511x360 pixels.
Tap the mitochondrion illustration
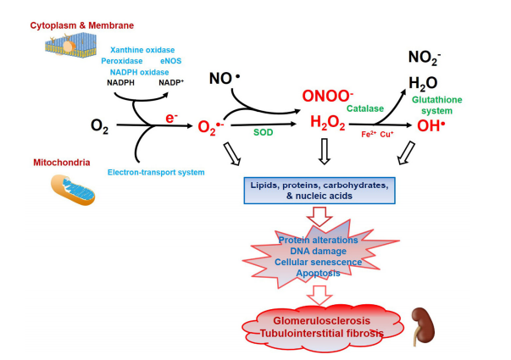click(x=73, y=189)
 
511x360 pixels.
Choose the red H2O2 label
click(x=327, y=125)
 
